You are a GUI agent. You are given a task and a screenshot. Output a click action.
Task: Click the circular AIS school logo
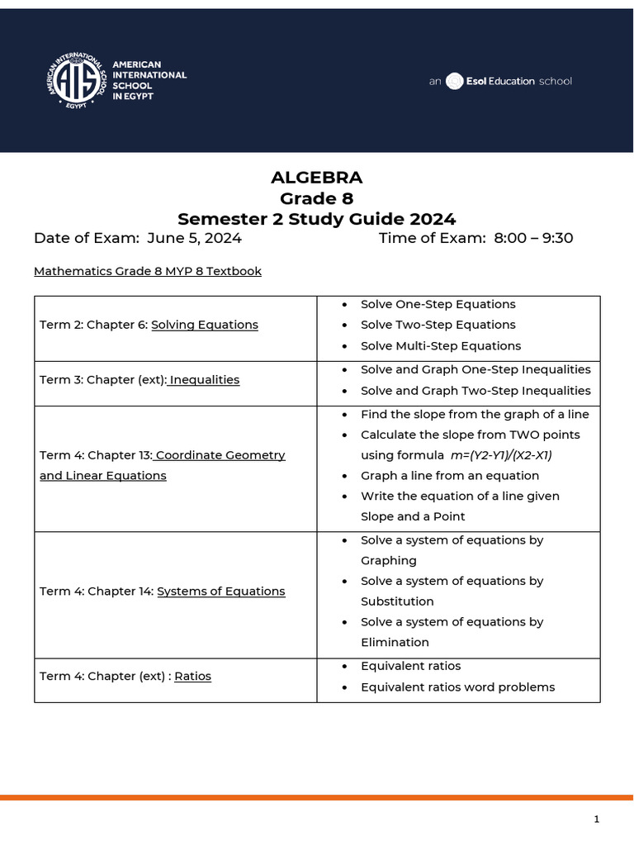tap(77, 81)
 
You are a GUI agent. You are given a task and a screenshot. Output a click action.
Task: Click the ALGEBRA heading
tap(317, 178)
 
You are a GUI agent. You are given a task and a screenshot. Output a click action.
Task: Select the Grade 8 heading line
tap(317, 198)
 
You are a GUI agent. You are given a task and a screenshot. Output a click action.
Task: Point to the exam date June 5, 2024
tap(194, 239)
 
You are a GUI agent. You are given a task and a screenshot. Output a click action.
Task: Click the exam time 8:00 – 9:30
tap(533, 239)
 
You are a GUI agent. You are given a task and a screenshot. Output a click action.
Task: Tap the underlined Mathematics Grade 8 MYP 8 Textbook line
tap(148, 271)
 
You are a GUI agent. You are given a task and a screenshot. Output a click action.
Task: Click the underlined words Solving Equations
tap(205, 325)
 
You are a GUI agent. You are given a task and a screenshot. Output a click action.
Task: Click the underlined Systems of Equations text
tap(221, 592)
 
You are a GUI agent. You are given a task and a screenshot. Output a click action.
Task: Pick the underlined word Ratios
tap(193, 677)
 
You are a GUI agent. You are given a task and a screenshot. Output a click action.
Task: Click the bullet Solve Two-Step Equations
tap(438, 325)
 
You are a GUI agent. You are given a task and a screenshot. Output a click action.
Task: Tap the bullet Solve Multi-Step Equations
tap(441, 346)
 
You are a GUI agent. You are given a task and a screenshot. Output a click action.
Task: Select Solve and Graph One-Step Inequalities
tap(475, 369)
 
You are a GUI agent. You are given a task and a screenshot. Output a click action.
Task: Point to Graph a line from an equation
tap(450, 476)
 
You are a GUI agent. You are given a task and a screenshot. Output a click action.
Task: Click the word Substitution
tap(397, 601)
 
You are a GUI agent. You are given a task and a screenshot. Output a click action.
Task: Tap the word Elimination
tap(395, 643)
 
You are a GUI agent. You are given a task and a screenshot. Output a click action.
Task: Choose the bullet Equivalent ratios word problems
tap(457, 687)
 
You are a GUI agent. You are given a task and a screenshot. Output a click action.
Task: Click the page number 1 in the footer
tap(596, 820)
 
